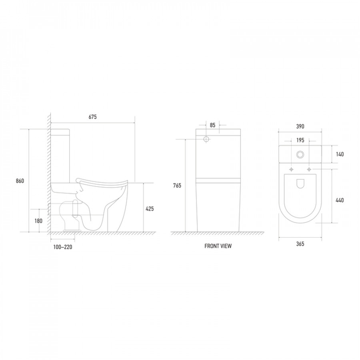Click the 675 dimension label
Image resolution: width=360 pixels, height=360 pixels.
point(92,117)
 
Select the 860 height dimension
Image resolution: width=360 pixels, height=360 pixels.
point(20,181)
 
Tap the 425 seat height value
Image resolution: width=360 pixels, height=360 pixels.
point(150,209)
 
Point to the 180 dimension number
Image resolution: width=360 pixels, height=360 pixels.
point(38,221)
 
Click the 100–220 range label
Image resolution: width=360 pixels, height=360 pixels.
point(63,247)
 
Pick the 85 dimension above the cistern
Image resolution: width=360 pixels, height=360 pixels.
point(213,125)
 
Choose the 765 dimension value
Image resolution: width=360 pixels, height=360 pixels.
point(177,186)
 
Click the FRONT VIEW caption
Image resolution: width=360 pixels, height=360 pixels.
point(218,246)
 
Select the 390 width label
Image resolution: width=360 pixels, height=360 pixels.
point(300,126)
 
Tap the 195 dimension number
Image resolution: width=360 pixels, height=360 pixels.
point(300,140)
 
